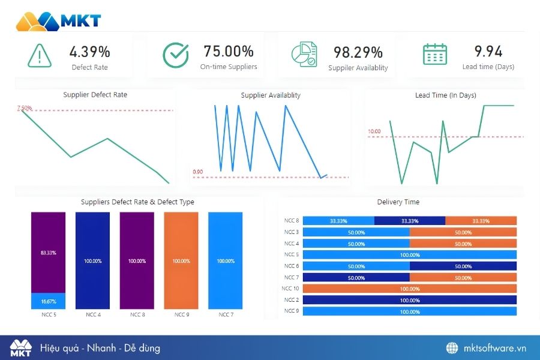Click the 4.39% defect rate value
pos(90,52)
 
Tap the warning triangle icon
pos(40,56)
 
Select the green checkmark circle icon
pos(176,55)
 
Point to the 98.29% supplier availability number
pos(358,52)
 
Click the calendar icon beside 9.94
pos(435,54)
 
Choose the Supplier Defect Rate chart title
pos(95,95)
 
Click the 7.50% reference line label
pos(25,108)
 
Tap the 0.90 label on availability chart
pos(198,172)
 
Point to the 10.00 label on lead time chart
pos(374,131)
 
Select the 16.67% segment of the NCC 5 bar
pos(49,301)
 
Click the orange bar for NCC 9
pos(181,261)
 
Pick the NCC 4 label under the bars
pos(93,314)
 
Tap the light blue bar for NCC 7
pos(226,261)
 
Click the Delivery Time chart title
pos(398,202)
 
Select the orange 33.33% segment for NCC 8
pos(481,221)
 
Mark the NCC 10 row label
pos(290,289)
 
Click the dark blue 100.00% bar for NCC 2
pos(410,300)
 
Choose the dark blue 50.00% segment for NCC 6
pos(463,266)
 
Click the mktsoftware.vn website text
pos(495,348)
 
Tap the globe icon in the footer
pos(452,348)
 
